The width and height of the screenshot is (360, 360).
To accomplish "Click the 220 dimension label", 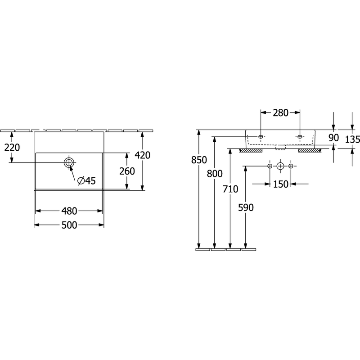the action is pos(12,148).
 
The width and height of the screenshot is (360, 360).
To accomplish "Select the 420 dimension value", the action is pos(142,155).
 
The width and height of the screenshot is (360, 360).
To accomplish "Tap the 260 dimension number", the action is pos(127,171).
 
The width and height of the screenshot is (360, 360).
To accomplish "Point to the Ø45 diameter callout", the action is pos(86,181).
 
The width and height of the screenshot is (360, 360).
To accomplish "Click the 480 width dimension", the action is pos(69,211).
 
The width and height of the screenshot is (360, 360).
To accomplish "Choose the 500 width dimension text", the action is pos(69,225).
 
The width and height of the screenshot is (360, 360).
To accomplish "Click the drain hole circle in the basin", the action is pos(69,162).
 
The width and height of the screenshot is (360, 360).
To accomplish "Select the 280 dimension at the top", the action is pos(280,113).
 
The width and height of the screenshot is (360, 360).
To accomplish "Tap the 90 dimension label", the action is pos(333,138).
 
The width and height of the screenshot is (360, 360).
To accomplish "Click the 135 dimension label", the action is pos(352,139).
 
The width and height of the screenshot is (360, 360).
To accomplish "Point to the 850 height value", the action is pos(199,160).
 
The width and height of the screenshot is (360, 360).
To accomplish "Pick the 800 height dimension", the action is pos(215,174).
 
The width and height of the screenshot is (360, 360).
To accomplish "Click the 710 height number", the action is pos(230,189).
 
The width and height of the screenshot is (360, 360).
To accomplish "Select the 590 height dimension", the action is pos(246,207).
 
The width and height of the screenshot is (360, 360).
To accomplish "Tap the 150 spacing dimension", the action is pos(280,184).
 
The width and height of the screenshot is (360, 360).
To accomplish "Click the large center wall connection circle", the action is pos(280,166).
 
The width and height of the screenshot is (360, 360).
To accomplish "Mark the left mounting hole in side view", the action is pos(261,137).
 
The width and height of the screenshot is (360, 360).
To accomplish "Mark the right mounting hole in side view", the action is pos(300,137).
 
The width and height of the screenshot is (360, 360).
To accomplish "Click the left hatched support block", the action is pos(251,151).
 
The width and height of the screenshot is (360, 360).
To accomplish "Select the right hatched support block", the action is pos(310,151).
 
